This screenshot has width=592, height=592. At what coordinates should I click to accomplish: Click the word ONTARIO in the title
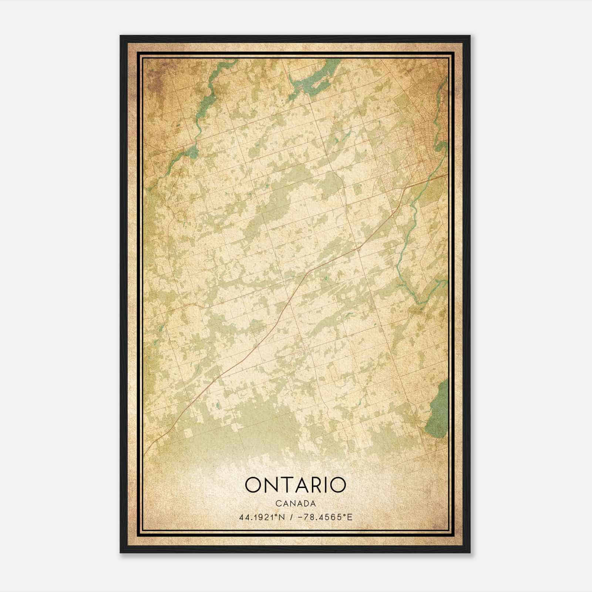295,485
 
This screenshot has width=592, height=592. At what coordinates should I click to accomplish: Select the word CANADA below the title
296,504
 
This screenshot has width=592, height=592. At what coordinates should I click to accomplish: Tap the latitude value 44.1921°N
262,517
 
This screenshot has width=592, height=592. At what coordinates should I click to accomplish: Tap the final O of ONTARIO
338,485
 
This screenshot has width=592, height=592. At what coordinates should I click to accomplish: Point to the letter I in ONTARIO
327,485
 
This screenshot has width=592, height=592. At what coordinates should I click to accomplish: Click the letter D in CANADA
305,504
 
